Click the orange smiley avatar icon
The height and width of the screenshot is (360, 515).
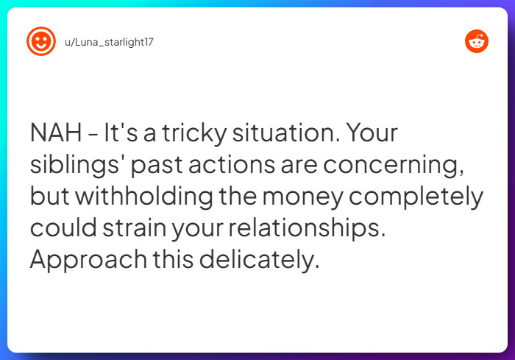[41, 41]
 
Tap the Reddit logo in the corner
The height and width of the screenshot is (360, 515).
[477, 41]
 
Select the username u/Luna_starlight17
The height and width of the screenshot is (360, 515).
[110, 42]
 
